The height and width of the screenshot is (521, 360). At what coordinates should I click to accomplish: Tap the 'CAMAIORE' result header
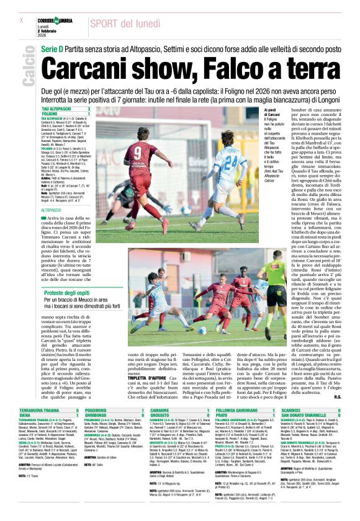(160, 411)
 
